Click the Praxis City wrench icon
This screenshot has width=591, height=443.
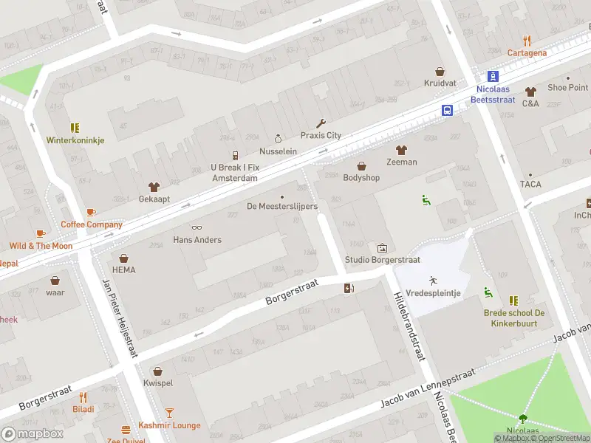(321, 123)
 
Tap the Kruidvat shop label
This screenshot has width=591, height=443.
(440, 84)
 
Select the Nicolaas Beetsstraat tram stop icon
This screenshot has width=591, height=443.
(493, 76)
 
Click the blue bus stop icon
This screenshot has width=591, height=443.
(448, 110)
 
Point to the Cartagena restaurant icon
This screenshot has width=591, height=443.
(527, 41)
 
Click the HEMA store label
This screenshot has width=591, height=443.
(124, 270)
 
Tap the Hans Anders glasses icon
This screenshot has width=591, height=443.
(197, 227)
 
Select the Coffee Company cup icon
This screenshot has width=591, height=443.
(91, 213)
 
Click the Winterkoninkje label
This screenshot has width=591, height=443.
(75, 140)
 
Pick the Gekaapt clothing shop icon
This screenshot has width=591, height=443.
(154, 187)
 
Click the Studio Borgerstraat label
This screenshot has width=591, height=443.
(382, 260)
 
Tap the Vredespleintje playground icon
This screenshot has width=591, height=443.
(432, 281)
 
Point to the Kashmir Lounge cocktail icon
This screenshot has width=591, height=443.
(169, 413)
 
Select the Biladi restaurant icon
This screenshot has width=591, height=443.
(83, 396)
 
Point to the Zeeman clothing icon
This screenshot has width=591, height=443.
(401, 150)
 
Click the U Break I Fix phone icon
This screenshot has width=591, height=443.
(235, 156)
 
